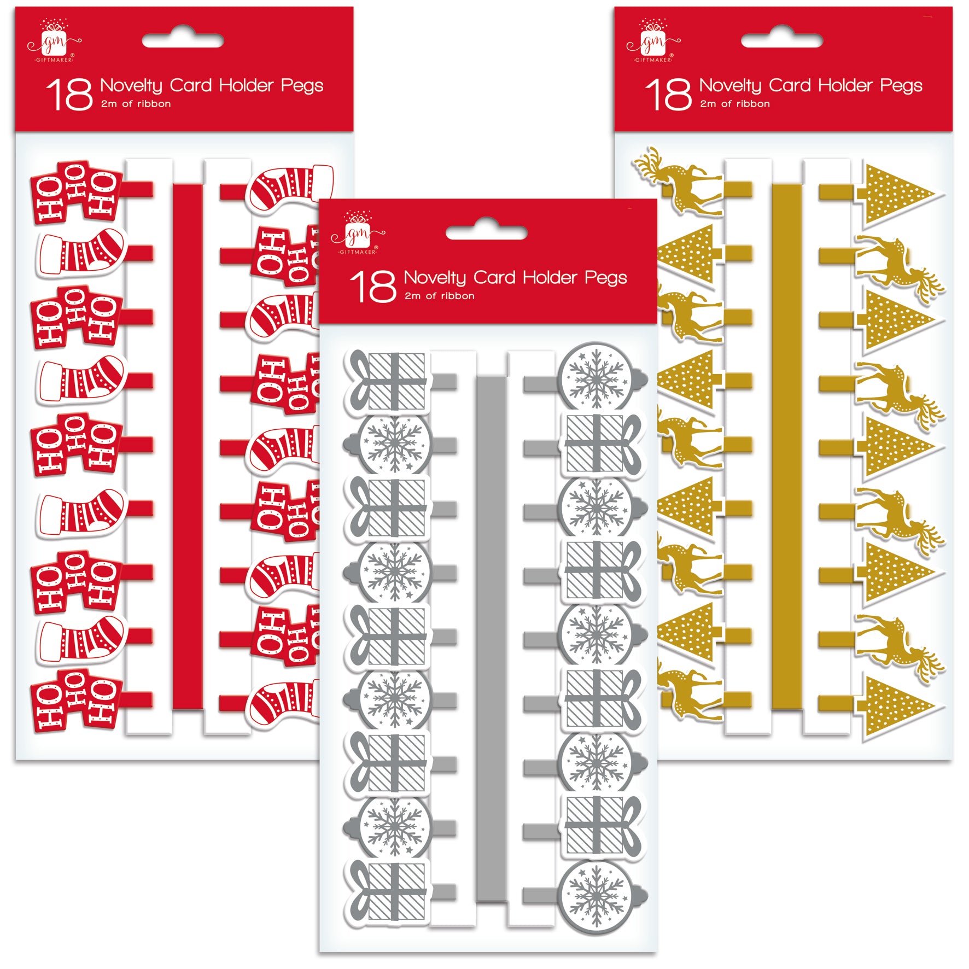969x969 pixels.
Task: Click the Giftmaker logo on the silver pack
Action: (x=358, y=233)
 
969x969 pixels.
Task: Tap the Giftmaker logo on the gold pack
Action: (x=653, y=40)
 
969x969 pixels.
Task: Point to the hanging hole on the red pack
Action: (x=183, y=40)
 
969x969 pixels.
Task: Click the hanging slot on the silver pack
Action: (x=487, y=233)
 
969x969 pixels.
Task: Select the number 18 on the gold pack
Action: (x=668, y=94)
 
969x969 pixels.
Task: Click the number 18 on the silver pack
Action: (x=373, y=286)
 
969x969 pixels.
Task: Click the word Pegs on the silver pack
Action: (x=606, y=278)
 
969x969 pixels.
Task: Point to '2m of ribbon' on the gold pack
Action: (x=734, y=104)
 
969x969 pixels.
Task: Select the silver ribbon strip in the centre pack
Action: (x=492, y=640)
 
